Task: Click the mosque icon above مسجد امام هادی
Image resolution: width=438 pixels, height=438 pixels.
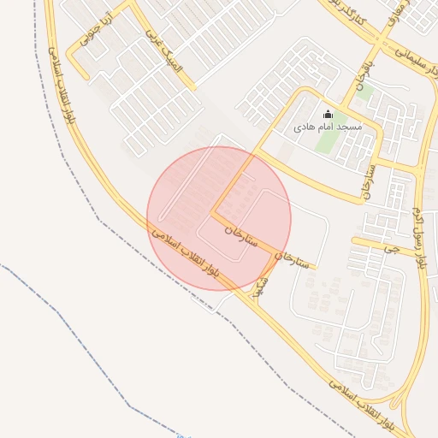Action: point(328,115)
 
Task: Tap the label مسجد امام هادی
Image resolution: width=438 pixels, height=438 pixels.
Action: point(328,127)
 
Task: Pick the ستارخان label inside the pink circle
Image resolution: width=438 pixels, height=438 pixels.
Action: point(240,235)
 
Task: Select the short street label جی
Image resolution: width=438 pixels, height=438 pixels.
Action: point(391,249)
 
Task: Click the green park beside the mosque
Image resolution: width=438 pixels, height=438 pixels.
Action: point(326,139)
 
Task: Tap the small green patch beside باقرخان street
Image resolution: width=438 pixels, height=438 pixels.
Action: point(364,92)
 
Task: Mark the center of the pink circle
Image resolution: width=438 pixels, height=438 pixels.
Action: point(219,218)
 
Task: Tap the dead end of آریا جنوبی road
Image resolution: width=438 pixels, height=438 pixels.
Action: point(86,78)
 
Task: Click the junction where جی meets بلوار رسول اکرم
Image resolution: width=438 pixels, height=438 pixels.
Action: point(420,254)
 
